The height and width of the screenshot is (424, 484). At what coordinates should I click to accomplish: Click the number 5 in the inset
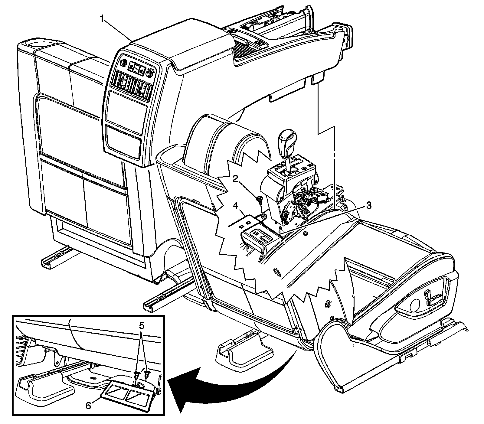(142, 326)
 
